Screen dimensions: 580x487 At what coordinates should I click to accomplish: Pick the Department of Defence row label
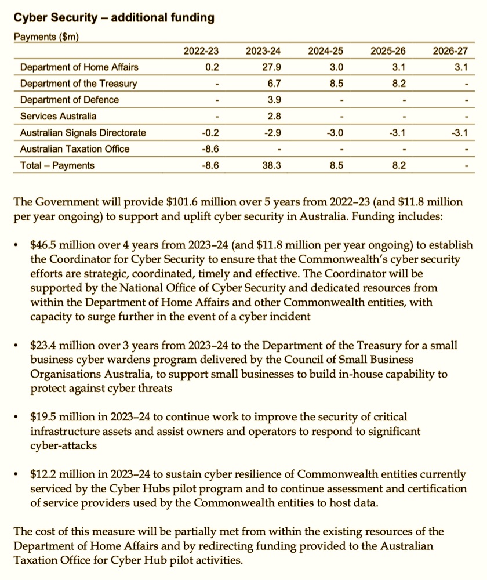pos(69,100)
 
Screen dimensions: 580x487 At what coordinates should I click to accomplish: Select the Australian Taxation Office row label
pos(74,149)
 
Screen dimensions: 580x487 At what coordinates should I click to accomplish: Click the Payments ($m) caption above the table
pos(46,37)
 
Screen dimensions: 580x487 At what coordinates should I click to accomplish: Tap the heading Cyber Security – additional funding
pos(114,18)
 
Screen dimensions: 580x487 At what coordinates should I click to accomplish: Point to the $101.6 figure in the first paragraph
pos(184,202)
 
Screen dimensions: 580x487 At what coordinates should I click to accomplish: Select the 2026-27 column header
pos(450,51)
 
